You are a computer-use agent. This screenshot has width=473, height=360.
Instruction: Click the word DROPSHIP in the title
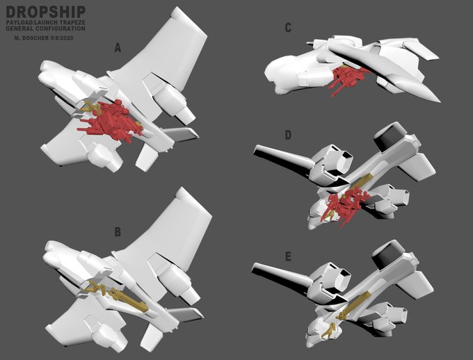[x=45, y=12]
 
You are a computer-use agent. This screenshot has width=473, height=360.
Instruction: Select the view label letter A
[x=118, y=48]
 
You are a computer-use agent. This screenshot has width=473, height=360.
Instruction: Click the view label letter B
[x=118, y=232]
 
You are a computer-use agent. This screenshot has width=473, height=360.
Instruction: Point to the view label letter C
[x=288, y=28]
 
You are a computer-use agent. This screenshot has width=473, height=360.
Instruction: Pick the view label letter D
[x=288, y=136]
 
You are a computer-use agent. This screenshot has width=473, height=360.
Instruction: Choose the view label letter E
[x=288, y=257]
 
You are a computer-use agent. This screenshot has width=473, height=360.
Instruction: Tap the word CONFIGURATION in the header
[x=60, y=28]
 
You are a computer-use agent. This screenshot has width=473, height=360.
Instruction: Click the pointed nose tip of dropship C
[x=440, y=101]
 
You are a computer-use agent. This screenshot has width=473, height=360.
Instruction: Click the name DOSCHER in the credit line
[x=33, y=38]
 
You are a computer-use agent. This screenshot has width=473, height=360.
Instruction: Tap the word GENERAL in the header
[x=19, y=28]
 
